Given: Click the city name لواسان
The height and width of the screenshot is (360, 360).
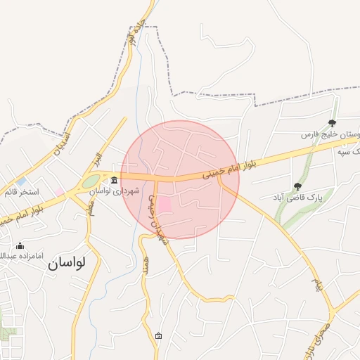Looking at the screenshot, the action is [x=67, y=263].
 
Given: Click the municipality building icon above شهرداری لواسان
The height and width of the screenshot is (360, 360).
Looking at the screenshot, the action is [x=115, y=179].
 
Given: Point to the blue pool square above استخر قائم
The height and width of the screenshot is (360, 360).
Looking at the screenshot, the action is [x=22, y=181].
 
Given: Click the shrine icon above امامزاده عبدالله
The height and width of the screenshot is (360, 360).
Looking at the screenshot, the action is [x=20, y=245].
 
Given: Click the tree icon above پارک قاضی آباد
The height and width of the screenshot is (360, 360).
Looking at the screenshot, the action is [x=297, y=186].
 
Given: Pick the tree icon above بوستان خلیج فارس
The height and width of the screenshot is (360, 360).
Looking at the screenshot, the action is [x=332, y=123].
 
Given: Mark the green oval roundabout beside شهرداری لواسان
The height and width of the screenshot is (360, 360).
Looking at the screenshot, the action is [x=91, y=181].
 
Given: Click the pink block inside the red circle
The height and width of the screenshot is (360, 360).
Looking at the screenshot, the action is [x=163, y=205].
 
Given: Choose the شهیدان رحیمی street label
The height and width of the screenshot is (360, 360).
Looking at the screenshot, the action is [x=157, y=220].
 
